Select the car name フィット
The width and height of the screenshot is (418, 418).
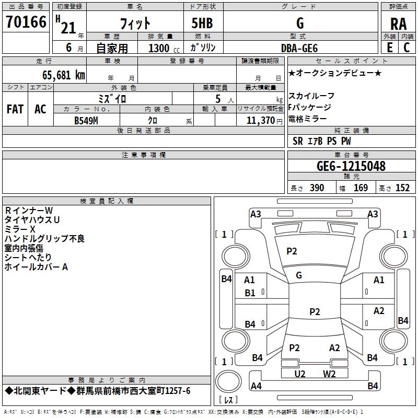tap(135, 23)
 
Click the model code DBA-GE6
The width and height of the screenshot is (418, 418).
tap(299, 48)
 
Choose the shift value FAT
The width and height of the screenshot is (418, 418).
tap(15, 109)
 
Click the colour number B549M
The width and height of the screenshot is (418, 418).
tap(86, 120)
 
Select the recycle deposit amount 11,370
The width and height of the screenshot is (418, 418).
tap(260, 120)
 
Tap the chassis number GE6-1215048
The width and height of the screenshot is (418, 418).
tap(351, 167)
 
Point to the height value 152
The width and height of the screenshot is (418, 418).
tap(402, 188)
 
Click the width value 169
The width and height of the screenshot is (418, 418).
tap(361, 188)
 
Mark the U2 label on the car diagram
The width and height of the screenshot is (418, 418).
tap(299, 374)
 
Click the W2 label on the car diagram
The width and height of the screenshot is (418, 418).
tap(329, 374)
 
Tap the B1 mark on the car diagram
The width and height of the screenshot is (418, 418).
tap(250, 293)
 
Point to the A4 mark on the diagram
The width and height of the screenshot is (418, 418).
tap(256, 386)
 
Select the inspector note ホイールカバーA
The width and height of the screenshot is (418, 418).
tap(37, 267)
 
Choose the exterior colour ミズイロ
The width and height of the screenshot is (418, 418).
tap(112, 98)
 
